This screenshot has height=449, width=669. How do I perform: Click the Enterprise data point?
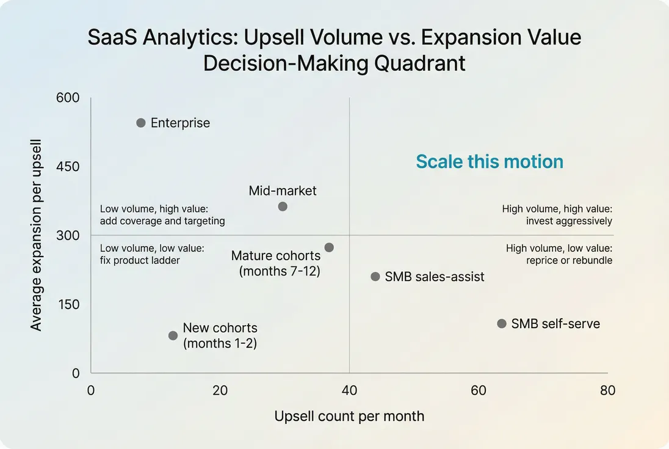(x=141, y=123)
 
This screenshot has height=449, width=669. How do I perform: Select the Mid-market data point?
(x=283, y=206)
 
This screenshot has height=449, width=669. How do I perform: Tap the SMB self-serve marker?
(x=502, y=324)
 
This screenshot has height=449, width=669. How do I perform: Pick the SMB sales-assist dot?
(x=375, y=277)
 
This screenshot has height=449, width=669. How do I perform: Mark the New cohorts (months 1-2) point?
(x=173, y=335)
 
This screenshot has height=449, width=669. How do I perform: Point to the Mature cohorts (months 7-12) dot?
(x=329, y=247)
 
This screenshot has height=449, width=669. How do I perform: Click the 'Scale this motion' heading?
(x=490, y=162)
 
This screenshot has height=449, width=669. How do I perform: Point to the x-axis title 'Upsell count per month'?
(x=349, y=417)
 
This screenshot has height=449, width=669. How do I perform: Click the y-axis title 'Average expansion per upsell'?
(x=36, y=235)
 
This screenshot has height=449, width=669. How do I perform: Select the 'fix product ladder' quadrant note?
(x=140, y=261)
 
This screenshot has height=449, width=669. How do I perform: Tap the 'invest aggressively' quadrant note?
(x=569, y=221)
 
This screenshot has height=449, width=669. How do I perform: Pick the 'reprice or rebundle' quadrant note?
(x=569, y=261)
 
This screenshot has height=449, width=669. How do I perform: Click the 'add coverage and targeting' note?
(x=162, y=221)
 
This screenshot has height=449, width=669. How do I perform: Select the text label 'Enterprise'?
(x=180, y=123)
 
